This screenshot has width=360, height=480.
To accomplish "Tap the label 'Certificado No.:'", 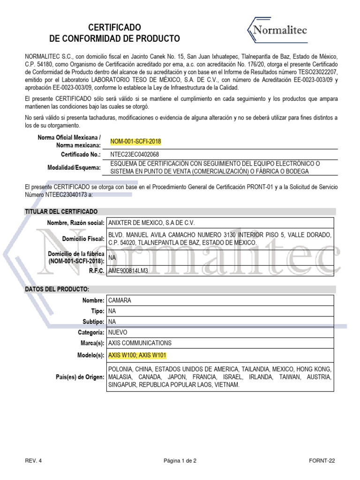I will coord(81,154).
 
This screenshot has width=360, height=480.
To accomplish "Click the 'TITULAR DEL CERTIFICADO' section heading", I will coord(61,211).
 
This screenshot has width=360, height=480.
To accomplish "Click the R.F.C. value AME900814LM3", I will coord(128,270).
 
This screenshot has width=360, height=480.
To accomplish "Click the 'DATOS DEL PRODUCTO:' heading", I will coord(57,289).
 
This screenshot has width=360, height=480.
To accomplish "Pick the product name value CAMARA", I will coord(120,300).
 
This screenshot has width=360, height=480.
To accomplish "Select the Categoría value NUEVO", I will coord(118,332).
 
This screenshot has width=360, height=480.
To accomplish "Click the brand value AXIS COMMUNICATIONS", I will coord(140,343).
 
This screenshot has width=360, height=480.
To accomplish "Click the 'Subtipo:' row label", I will coord(92,322).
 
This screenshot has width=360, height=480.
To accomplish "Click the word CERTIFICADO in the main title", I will coord(114,28).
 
